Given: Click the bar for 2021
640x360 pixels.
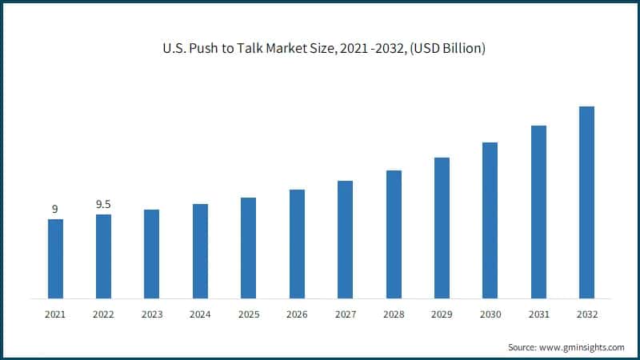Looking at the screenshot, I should [x=55, y=258].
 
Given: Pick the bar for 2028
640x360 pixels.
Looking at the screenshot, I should [x=394, y=234].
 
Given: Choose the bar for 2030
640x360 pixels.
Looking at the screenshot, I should [x=490, y=220].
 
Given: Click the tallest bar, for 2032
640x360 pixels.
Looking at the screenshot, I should [x=586, y=202].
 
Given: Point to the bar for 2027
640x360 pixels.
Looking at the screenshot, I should [x=345, y=239].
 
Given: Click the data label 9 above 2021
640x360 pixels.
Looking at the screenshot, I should [x=55, y=210].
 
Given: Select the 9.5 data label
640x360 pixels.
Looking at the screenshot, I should [x=103, y=205].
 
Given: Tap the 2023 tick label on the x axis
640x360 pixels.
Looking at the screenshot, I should [x=151, y=315].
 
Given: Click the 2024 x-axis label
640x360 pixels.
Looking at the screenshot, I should [x=200, y=315].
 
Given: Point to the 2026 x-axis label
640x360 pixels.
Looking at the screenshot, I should [x=297, y=315].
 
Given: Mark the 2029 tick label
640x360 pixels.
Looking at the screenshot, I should [x=442, y=315].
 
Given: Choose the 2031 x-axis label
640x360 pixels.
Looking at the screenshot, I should [x=538, y=315].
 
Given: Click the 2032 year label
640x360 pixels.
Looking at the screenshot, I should [x=586, y=315].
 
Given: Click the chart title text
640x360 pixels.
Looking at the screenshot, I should [x=320, y=49].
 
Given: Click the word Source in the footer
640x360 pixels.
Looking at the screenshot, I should [x=522, y=347].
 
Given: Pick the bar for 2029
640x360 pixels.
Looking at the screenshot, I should [x=442, y=228].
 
